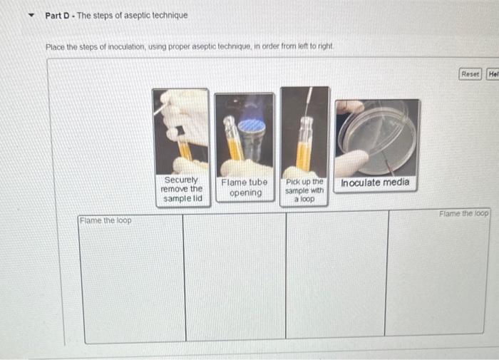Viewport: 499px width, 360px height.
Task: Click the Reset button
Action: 470,74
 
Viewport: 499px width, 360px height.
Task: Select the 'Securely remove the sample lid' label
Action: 182,190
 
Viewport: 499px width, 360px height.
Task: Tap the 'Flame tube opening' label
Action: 244,187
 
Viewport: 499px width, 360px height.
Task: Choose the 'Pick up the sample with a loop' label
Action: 304,191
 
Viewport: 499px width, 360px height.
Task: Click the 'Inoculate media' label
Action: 376,182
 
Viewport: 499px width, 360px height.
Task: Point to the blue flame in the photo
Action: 251,125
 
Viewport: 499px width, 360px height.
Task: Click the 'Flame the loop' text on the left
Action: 106,220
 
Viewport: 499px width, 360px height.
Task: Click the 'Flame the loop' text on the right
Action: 464,213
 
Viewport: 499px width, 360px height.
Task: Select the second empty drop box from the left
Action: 235,278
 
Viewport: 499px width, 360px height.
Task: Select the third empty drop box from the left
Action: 336,278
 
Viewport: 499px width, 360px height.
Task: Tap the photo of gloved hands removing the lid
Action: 181,128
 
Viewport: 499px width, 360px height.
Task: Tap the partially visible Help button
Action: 493,74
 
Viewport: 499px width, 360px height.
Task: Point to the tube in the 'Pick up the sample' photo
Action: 304,143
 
